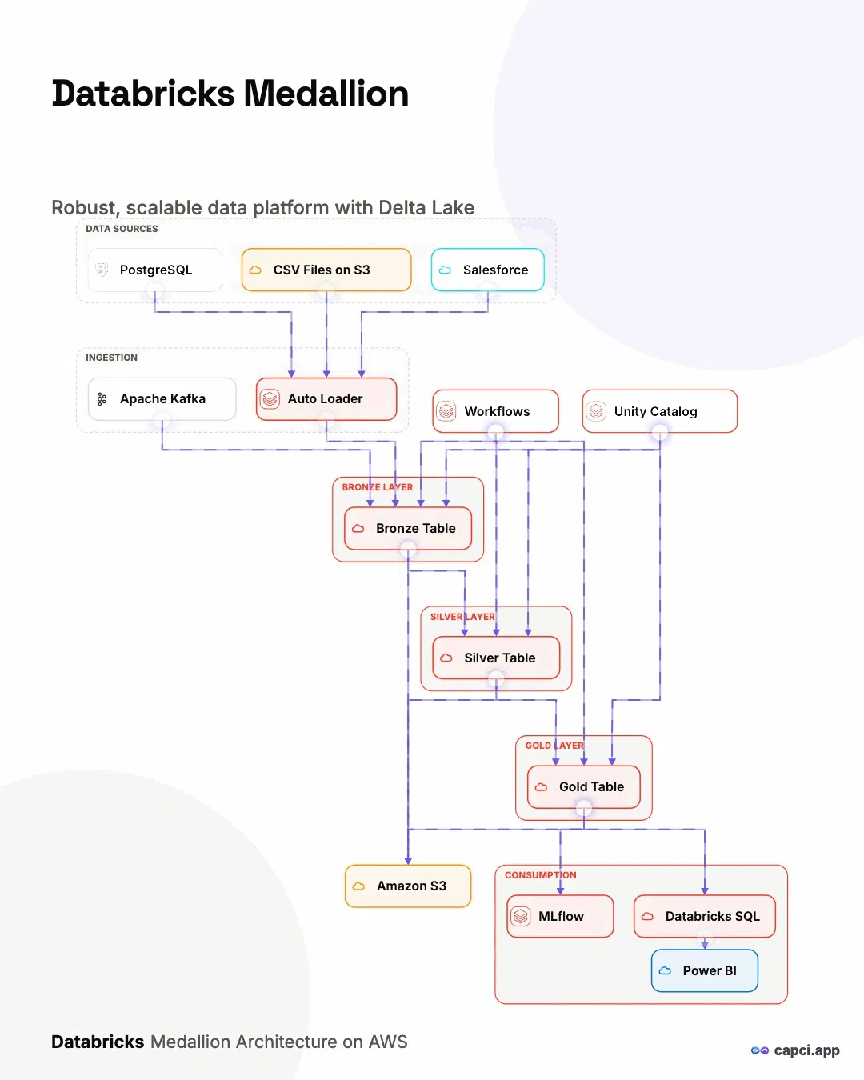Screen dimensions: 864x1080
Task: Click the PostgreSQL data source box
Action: (x=154, y=270)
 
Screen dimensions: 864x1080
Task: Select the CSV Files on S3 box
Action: (x=326, y=270)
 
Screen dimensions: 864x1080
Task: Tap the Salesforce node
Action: (x=487, y=270)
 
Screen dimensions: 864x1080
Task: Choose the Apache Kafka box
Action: (x=162, y=399)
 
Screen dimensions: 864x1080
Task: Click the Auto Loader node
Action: (x=326, y=399)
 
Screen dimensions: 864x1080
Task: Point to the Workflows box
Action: (x=495, y=411)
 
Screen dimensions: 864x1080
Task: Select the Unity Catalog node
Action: (x=660, y=411)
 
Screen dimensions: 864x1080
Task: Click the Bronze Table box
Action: (x=408, y=529)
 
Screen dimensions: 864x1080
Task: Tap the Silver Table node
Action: (x=496, y=658)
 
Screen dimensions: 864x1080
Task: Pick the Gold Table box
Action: (x=584, y=787)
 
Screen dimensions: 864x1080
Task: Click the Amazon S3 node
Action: (x=408, y=886)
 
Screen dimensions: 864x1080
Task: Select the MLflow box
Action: (x=560, y=916)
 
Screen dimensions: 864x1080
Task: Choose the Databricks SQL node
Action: (x=704, y=916)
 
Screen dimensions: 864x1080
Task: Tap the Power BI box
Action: (x=704, y=970)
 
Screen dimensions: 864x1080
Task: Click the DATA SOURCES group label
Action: (x=122, y=229)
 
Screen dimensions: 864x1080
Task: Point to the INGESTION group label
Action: (x=111, y=358)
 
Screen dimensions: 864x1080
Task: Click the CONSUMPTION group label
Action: (x=540, y=875)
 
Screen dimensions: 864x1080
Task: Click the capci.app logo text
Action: (x=806, y=1050)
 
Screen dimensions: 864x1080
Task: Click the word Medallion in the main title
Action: (x=326, y=94)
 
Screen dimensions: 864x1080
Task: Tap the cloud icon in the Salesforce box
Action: (x=445, y=270)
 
